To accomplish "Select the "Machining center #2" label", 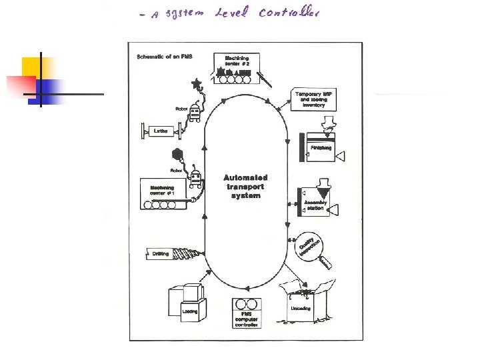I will [237, 61].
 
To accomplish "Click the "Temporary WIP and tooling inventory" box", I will [313, 99].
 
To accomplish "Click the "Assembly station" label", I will [315, 205].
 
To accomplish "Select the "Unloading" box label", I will [300, 309].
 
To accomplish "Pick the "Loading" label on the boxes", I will [190, 311].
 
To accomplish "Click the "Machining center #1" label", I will [161, 191].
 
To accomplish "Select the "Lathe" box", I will [161, 131].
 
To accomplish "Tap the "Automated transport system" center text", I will [245, 187].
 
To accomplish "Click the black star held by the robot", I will [196, 84].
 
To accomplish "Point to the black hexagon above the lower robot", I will [177, 154].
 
